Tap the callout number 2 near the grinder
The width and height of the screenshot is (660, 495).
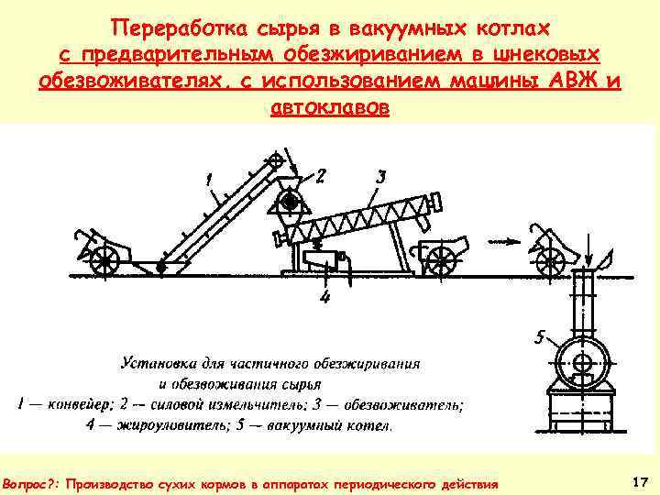click(322, 174)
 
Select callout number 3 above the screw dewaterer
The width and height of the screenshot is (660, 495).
click(381, 173)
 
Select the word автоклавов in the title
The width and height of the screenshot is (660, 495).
click(330, 106)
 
